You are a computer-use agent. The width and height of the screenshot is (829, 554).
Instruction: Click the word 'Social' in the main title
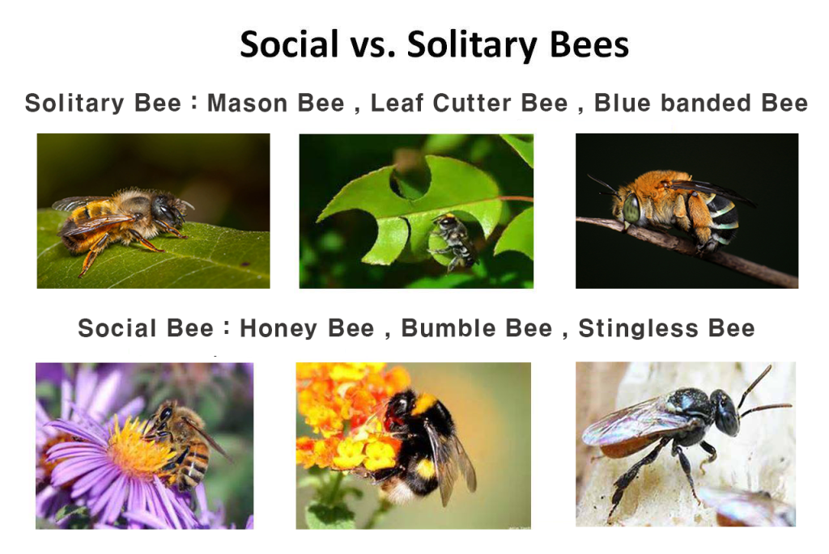pyautogui.click(x=289, y=44)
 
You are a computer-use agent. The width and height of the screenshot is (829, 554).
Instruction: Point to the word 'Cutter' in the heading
pyautogui.click(x=472, y=103)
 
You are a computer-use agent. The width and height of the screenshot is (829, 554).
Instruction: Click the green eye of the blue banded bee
pyautogui.click(x=631, y=208)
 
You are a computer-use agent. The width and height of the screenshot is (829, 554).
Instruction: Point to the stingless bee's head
pyautogui.click(x=725, y=412)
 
